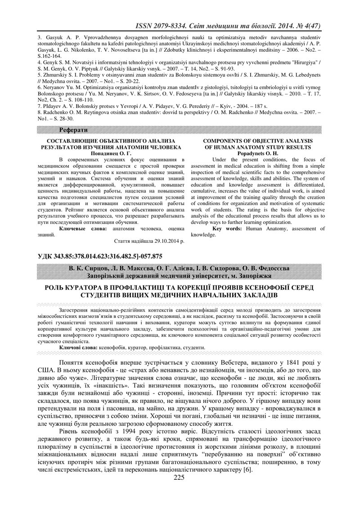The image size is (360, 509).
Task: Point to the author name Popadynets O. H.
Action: click(258, 153)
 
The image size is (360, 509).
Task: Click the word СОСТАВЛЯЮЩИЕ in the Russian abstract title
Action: click(74, 141)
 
